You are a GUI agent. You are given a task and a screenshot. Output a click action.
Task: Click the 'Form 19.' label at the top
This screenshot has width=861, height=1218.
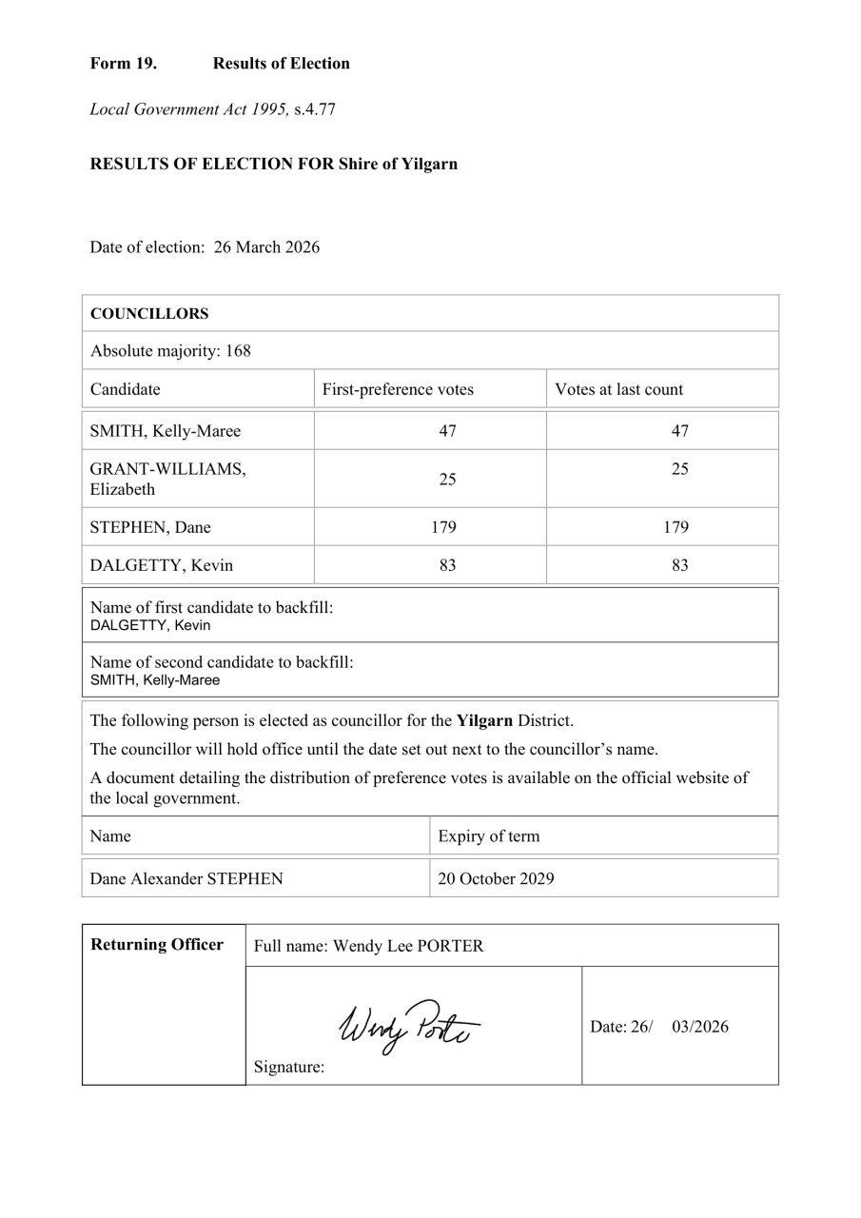[123, 64]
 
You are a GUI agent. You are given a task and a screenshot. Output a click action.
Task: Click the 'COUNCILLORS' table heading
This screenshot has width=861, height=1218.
[149, 314]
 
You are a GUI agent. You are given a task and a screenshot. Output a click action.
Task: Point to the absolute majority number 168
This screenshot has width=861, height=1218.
[238, 351]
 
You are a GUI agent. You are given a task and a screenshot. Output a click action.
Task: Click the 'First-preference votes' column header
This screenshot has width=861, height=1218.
[398, 389]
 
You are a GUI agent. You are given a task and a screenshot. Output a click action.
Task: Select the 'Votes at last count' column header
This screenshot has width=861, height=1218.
[618, 389]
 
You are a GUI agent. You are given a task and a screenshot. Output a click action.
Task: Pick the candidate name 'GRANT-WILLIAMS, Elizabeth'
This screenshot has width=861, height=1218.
[167, 479]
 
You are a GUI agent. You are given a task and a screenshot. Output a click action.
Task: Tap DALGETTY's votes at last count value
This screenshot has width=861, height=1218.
[679, 565]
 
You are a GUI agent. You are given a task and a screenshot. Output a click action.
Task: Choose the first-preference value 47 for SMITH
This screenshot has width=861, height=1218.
[447, 431]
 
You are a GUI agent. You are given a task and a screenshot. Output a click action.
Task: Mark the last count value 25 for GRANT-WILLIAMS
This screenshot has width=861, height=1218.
[679, 469]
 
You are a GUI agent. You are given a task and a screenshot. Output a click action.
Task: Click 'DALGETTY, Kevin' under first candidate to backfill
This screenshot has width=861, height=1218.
[150, 626]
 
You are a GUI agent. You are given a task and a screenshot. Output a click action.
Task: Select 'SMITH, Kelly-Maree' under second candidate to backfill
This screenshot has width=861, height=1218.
[154, 680]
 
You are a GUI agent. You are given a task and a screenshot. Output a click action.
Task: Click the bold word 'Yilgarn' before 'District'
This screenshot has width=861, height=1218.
[484, 720]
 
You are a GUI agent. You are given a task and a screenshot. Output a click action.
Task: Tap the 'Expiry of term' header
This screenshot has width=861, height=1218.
[488, 836]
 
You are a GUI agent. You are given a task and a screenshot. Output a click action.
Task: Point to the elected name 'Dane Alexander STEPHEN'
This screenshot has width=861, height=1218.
[186, 878]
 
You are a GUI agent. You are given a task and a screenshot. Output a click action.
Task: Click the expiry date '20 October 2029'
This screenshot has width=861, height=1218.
[496, 878]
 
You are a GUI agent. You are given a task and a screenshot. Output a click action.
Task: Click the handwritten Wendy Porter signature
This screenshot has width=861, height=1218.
[407, 1026]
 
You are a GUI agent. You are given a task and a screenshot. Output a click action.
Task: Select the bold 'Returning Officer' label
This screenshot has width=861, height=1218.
[157, 945]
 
